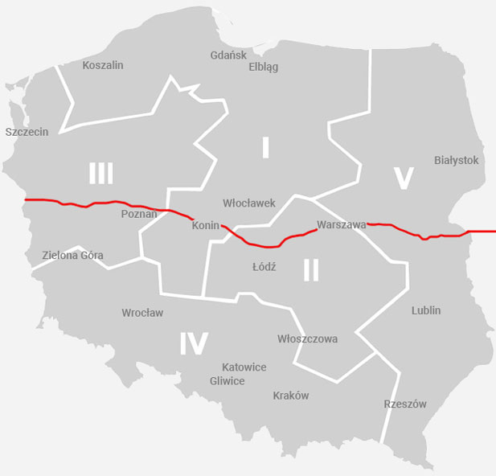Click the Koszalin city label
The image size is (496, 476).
(103, 65)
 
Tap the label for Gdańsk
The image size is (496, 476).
(228, 55)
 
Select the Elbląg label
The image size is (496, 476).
(264, 67)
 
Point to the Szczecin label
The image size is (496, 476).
(27, 132)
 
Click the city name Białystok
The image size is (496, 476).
(456, 160)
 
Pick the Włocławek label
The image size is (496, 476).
(249, 203)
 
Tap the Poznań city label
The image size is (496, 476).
(139, 214)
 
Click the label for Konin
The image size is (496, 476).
(206, 226)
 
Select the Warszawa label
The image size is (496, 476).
(342, 225)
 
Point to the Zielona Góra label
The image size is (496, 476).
(72, 256)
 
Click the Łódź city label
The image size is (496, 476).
(264, 267)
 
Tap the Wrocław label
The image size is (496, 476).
(142, 312)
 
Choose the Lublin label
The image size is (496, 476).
(426, 310)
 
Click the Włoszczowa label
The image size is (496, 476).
(307, 339)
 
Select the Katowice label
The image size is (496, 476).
(244, 367)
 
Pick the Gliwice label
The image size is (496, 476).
(227, 381)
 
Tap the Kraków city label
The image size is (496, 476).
(291, 396)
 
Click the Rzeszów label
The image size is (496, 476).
(405, 404)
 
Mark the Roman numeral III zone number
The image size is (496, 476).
(101, 173)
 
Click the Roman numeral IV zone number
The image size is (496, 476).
(194, 343)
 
